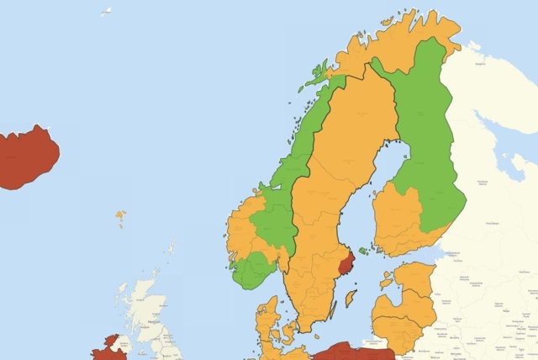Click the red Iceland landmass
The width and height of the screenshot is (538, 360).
(27, 157)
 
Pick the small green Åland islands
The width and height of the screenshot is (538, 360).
(362, 251)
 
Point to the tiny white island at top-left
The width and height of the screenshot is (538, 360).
(107, 12)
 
